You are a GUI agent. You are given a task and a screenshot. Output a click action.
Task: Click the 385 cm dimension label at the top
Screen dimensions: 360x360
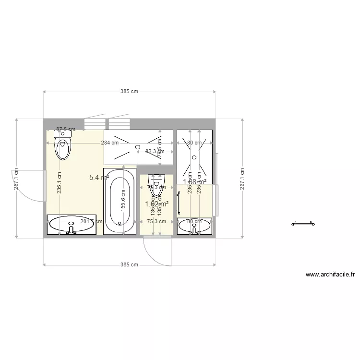(129, 91)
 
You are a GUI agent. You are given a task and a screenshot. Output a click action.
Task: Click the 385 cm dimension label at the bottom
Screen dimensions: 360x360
(129, 264)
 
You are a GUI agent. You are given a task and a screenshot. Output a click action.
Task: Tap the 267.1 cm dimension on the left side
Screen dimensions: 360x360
(16, 179)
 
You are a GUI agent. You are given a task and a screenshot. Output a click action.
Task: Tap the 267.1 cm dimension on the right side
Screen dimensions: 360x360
(242, 179)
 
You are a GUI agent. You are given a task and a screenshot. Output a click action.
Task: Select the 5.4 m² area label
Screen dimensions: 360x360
(99, 177)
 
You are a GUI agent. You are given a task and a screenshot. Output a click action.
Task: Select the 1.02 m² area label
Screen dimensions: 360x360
(156, 204)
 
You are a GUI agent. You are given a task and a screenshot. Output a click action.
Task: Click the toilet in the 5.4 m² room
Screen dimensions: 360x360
(62, 145)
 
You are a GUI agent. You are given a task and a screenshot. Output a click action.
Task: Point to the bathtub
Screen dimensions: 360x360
(120, 201)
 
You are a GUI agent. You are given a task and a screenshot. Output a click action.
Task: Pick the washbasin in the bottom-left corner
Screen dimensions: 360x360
(72, 225)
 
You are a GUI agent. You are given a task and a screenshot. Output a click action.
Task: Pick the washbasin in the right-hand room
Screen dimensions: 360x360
(194, 226)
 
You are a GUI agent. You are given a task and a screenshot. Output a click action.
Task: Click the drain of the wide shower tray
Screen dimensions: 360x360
(138, 146)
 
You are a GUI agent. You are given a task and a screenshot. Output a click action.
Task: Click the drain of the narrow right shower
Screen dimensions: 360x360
(194, 157)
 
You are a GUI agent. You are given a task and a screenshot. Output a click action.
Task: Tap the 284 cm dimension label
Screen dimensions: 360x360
(109, 143)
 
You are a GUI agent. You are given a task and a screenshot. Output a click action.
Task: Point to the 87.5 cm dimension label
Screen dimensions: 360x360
(66, 129)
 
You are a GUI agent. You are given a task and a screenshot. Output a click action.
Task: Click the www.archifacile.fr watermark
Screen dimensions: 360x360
(330, 275)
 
